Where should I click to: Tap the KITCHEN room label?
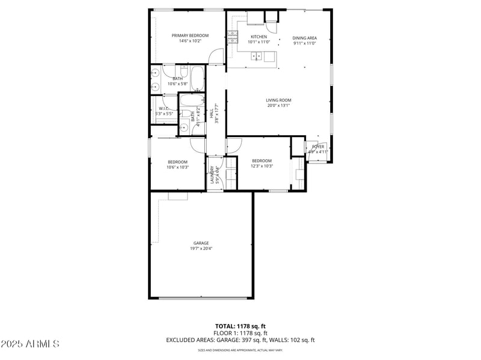click(x=259, y=37)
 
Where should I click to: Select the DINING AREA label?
click(x=305, y=38)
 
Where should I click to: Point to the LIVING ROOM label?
click(x=278, y=100)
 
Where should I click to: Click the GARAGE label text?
click(x=201, y=243)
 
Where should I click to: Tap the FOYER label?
click(x=317, y=147)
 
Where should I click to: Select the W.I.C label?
click(x=164, y=108)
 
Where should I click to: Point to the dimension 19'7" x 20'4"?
click(x=201, y=248)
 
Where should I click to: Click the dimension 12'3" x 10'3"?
click(x=262, y=166)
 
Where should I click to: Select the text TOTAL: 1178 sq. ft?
click(x=240, y=326)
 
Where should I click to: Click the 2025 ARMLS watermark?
click(x=30, y=344)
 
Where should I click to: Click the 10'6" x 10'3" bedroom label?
click(x=178, y=162)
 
